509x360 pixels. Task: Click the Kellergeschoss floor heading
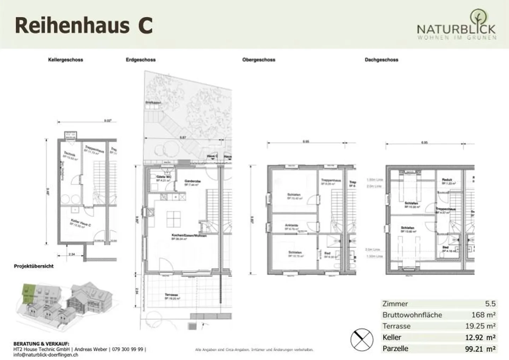65,60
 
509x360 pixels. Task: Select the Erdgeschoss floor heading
141,60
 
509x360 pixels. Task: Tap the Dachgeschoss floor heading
381,60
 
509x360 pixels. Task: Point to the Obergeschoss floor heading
259,60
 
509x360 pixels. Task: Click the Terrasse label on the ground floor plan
171,295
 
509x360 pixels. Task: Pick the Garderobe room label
193,181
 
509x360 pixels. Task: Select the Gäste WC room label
164,177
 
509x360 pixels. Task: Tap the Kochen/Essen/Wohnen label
189,235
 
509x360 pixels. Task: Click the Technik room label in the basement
70,154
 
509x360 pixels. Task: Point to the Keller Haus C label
81,223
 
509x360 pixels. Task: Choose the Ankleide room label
292,225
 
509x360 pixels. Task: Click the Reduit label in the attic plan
447,180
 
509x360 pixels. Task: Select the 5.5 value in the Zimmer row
490,304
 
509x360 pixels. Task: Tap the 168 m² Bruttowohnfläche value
483,315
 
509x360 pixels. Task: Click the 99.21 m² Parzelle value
480,349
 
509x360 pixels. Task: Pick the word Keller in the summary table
392,337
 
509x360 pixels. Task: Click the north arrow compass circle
362,340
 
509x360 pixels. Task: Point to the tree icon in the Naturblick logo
478,18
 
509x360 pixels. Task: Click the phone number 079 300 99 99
128,349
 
